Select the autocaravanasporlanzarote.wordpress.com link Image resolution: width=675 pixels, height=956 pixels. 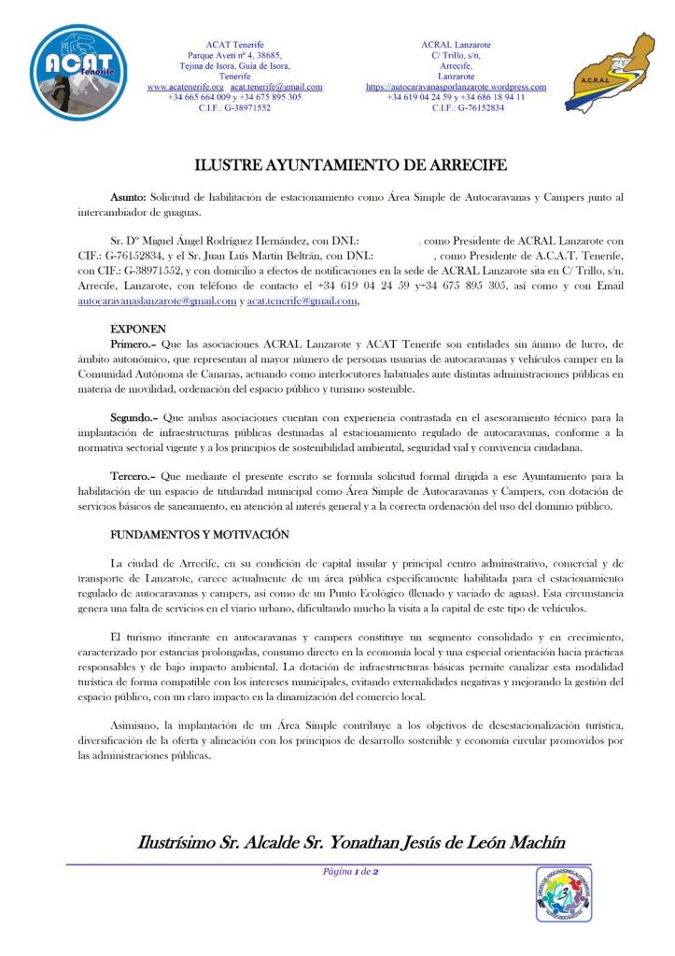click(x=456, y=87)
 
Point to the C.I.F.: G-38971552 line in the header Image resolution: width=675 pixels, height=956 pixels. click(x=234, y=107)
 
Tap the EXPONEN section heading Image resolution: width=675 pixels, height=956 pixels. click(x=138, y=330)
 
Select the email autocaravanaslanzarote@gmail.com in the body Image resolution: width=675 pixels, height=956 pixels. click(x=157, y=302)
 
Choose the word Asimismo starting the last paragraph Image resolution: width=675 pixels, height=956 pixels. click(x=136, y=724)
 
